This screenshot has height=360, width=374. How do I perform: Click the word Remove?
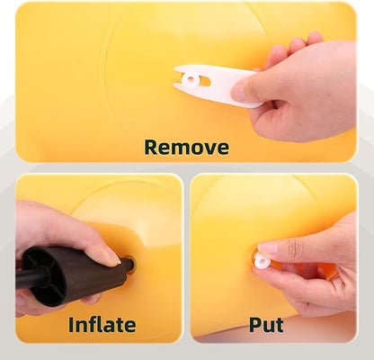[186, 147]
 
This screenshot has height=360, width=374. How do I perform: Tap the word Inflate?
[102, 324]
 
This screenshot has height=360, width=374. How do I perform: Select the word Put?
[266, 324]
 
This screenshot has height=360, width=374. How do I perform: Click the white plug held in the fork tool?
[190, 79]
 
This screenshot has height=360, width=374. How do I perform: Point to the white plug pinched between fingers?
[263, 260]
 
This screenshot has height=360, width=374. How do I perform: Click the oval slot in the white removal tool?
[205, 81]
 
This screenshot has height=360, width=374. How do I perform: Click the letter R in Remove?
[151, 147]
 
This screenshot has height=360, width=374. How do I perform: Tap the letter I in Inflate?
[71, 324]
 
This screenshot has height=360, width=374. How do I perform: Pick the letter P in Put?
[255, 324]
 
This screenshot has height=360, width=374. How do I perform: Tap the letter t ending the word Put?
[280, 325]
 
